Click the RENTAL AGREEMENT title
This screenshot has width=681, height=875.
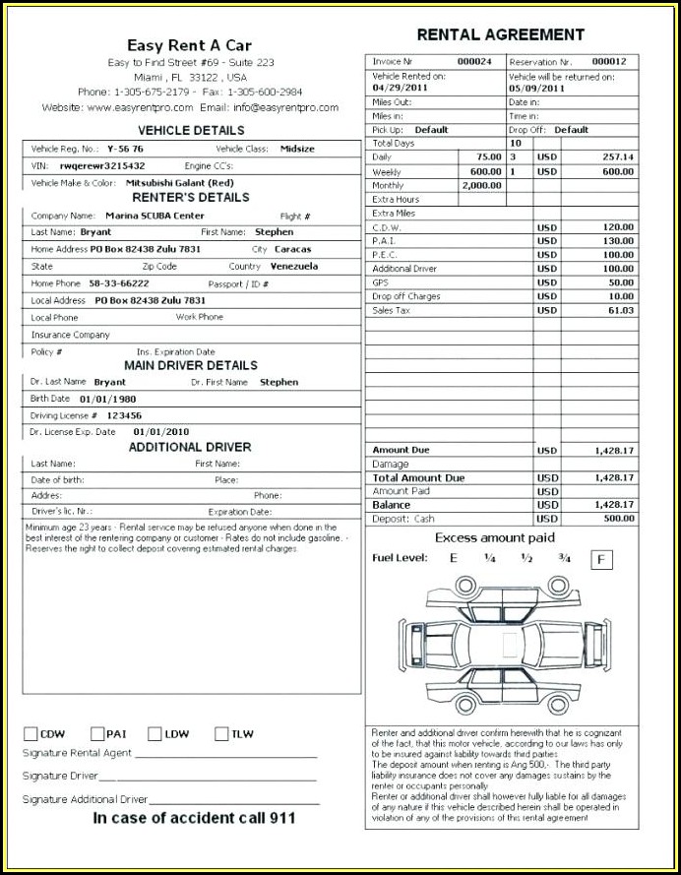click(500, 34)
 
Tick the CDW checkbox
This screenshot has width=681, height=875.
click(31, 733)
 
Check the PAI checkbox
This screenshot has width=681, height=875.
click(97, 733)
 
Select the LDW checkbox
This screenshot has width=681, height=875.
click(155, 733)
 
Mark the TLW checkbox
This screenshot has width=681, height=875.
click(220, 733)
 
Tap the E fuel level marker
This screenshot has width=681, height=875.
click(454, 558)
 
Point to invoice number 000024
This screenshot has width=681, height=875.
click(475, 61)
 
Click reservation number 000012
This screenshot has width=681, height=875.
click(609, 61)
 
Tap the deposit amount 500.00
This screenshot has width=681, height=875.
click(618, 519)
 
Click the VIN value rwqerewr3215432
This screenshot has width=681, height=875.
click(102, 165)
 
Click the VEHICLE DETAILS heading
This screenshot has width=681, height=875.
click(191, 130)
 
